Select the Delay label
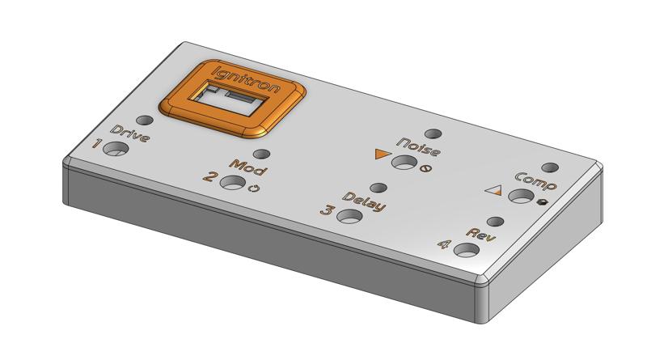(x=364, y=202)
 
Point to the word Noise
(x=421, y=148)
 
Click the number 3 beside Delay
(x=326, y=211)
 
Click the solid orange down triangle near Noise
(x=383, y=155)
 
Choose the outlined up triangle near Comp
(x=494, y=189)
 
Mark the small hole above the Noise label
(x=434, y=133)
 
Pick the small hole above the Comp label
(x=549, y=167)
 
